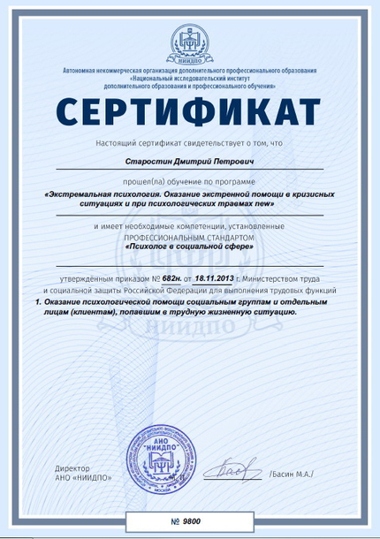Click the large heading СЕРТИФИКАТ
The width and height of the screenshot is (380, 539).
tap(190, 114)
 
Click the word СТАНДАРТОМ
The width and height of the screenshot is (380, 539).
tap(227, 239)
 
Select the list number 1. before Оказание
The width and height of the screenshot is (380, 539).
tap(39, 301)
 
